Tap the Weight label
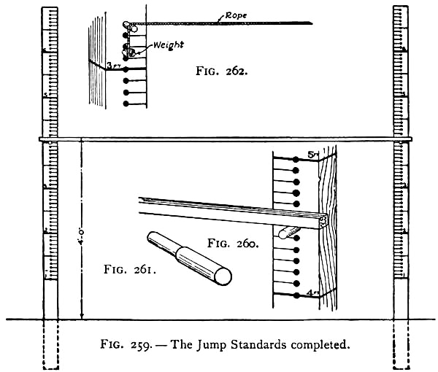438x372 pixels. tap(168, 45)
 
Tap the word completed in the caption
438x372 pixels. tap(320, 344)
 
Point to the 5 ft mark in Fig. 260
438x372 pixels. tap(312, 155)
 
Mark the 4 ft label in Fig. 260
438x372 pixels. tap(312, 292)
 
